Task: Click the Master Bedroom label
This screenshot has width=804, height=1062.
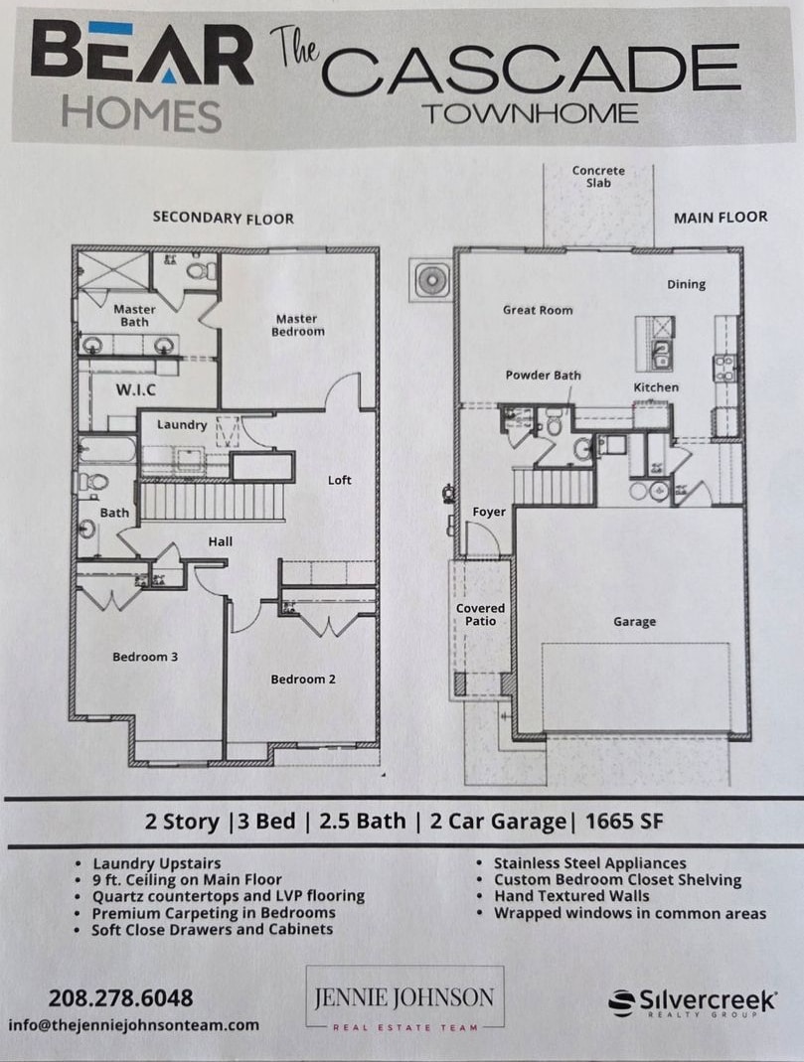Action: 297,325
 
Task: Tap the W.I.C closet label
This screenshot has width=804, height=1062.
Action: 136,389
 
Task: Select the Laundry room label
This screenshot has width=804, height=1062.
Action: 182,425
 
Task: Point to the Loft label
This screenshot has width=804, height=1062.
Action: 340,480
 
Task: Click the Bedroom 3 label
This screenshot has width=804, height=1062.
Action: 145,657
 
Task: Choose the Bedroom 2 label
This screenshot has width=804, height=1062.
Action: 303,680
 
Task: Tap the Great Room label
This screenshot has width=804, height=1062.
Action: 538,310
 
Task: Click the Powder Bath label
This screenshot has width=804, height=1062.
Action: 543,376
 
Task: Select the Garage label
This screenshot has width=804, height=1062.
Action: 634,622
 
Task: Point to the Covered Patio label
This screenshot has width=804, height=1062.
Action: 481,614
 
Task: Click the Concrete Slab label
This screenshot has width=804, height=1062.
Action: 598,177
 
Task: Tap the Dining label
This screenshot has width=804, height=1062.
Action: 686,284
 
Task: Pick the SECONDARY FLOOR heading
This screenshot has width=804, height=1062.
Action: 223,218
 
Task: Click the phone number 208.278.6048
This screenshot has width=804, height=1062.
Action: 120,997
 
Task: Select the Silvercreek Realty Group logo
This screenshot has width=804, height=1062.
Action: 692,1002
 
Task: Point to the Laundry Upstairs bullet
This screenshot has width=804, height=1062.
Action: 156,863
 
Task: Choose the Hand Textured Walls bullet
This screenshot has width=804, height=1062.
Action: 571,896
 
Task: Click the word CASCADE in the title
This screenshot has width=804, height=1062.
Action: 532,70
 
